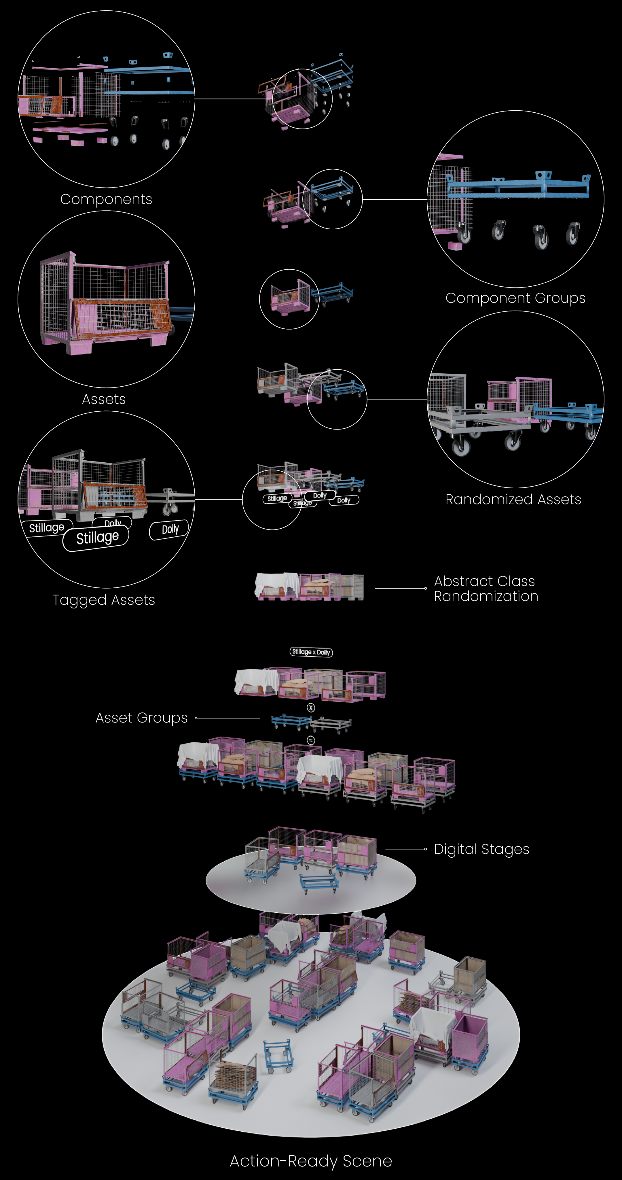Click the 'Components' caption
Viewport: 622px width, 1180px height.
[x=106, y=199]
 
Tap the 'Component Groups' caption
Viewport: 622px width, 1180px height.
[x=515, y=298]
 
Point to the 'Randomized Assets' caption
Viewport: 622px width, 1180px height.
[x=513, y=499]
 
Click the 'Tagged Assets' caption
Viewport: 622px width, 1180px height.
[x=104, y=600]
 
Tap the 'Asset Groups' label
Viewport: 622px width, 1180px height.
[x=141, y=718]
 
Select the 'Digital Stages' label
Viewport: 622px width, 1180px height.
[x=481, y=849]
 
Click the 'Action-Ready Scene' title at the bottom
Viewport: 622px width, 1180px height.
[x=311, y=1161]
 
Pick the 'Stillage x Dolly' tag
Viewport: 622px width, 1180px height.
[x=311, y=652]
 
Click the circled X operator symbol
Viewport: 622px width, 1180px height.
[x=311, y=708]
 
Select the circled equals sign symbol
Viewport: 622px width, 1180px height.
[x=311, y=740]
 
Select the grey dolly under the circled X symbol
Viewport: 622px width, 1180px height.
[x=331, y=723]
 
